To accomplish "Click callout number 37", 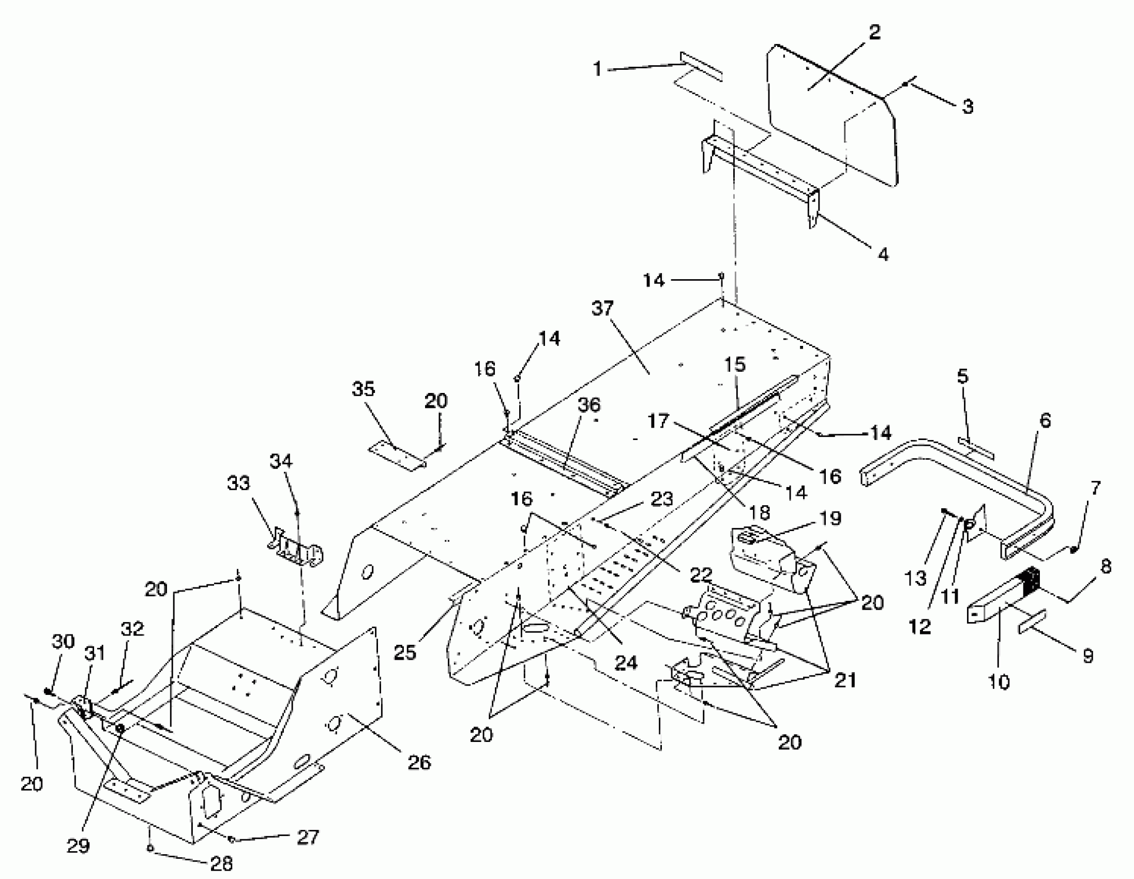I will [x=602, y=308].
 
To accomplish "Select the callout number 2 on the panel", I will [x=875, y=33].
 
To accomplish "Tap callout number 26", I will [x=419, y=762].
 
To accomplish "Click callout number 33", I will [x=238, y=483].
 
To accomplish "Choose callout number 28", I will [x=222, y=863].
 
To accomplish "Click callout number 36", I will [x=589, y=405].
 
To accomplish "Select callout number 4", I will [x=883, y=254].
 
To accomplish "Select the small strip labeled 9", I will [x=1032, y=622].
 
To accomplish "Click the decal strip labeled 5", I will [x=976, y=449].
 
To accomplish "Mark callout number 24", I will [x=626, y=662].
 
